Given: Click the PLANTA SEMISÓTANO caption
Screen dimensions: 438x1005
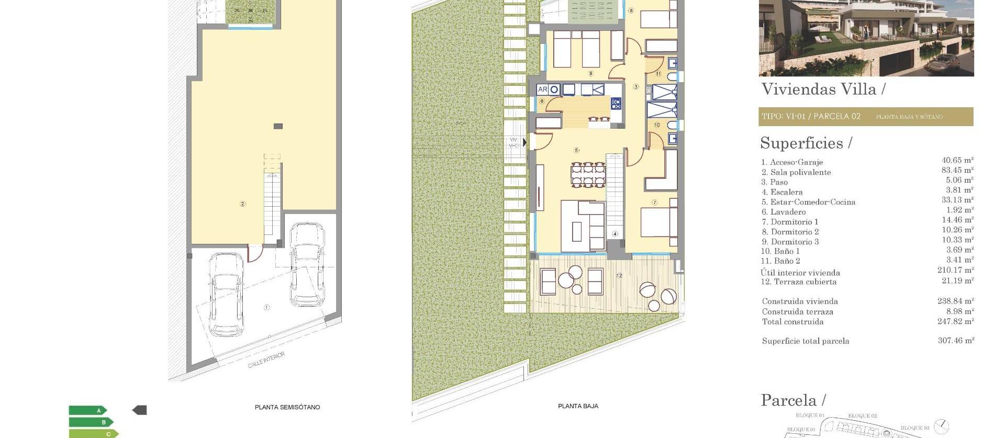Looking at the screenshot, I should click(287, 407).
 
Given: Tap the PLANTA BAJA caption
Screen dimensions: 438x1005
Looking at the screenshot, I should click(578, 406).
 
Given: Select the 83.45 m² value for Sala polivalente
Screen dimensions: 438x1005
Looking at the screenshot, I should click(957, 171).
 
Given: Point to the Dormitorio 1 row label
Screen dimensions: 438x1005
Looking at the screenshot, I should click(790, 222).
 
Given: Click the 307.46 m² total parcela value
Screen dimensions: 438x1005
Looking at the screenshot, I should click(956, 341).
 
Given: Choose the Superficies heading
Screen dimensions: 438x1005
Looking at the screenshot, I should click(806, 143).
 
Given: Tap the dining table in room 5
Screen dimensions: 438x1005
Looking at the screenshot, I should click(588, 175).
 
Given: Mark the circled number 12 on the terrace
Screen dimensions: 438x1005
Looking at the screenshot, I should click(619, 275).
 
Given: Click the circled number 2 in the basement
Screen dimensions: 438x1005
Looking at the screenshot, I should click(242, 204).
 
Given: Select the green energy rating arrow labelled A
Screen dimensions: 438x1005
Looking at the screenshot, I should click(88, 411).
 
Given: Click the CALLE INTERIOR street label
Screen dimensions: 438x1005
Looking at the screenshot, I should click(266, 360).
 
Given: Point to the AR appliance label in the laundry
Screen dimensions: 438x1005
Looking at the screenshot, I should click(542, 90).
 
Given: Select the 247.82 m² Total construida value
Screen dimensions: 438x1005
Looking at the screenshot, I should click(955, 322).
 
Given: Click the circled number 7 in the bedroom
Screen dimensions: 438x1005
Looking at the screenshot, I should click(654, 203).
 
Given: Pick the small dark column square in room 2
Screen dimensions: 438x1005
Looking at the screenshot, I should click(278, 126).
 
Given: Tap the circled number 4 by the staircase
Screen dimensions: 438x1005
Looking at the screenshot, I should click(615, 234).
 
